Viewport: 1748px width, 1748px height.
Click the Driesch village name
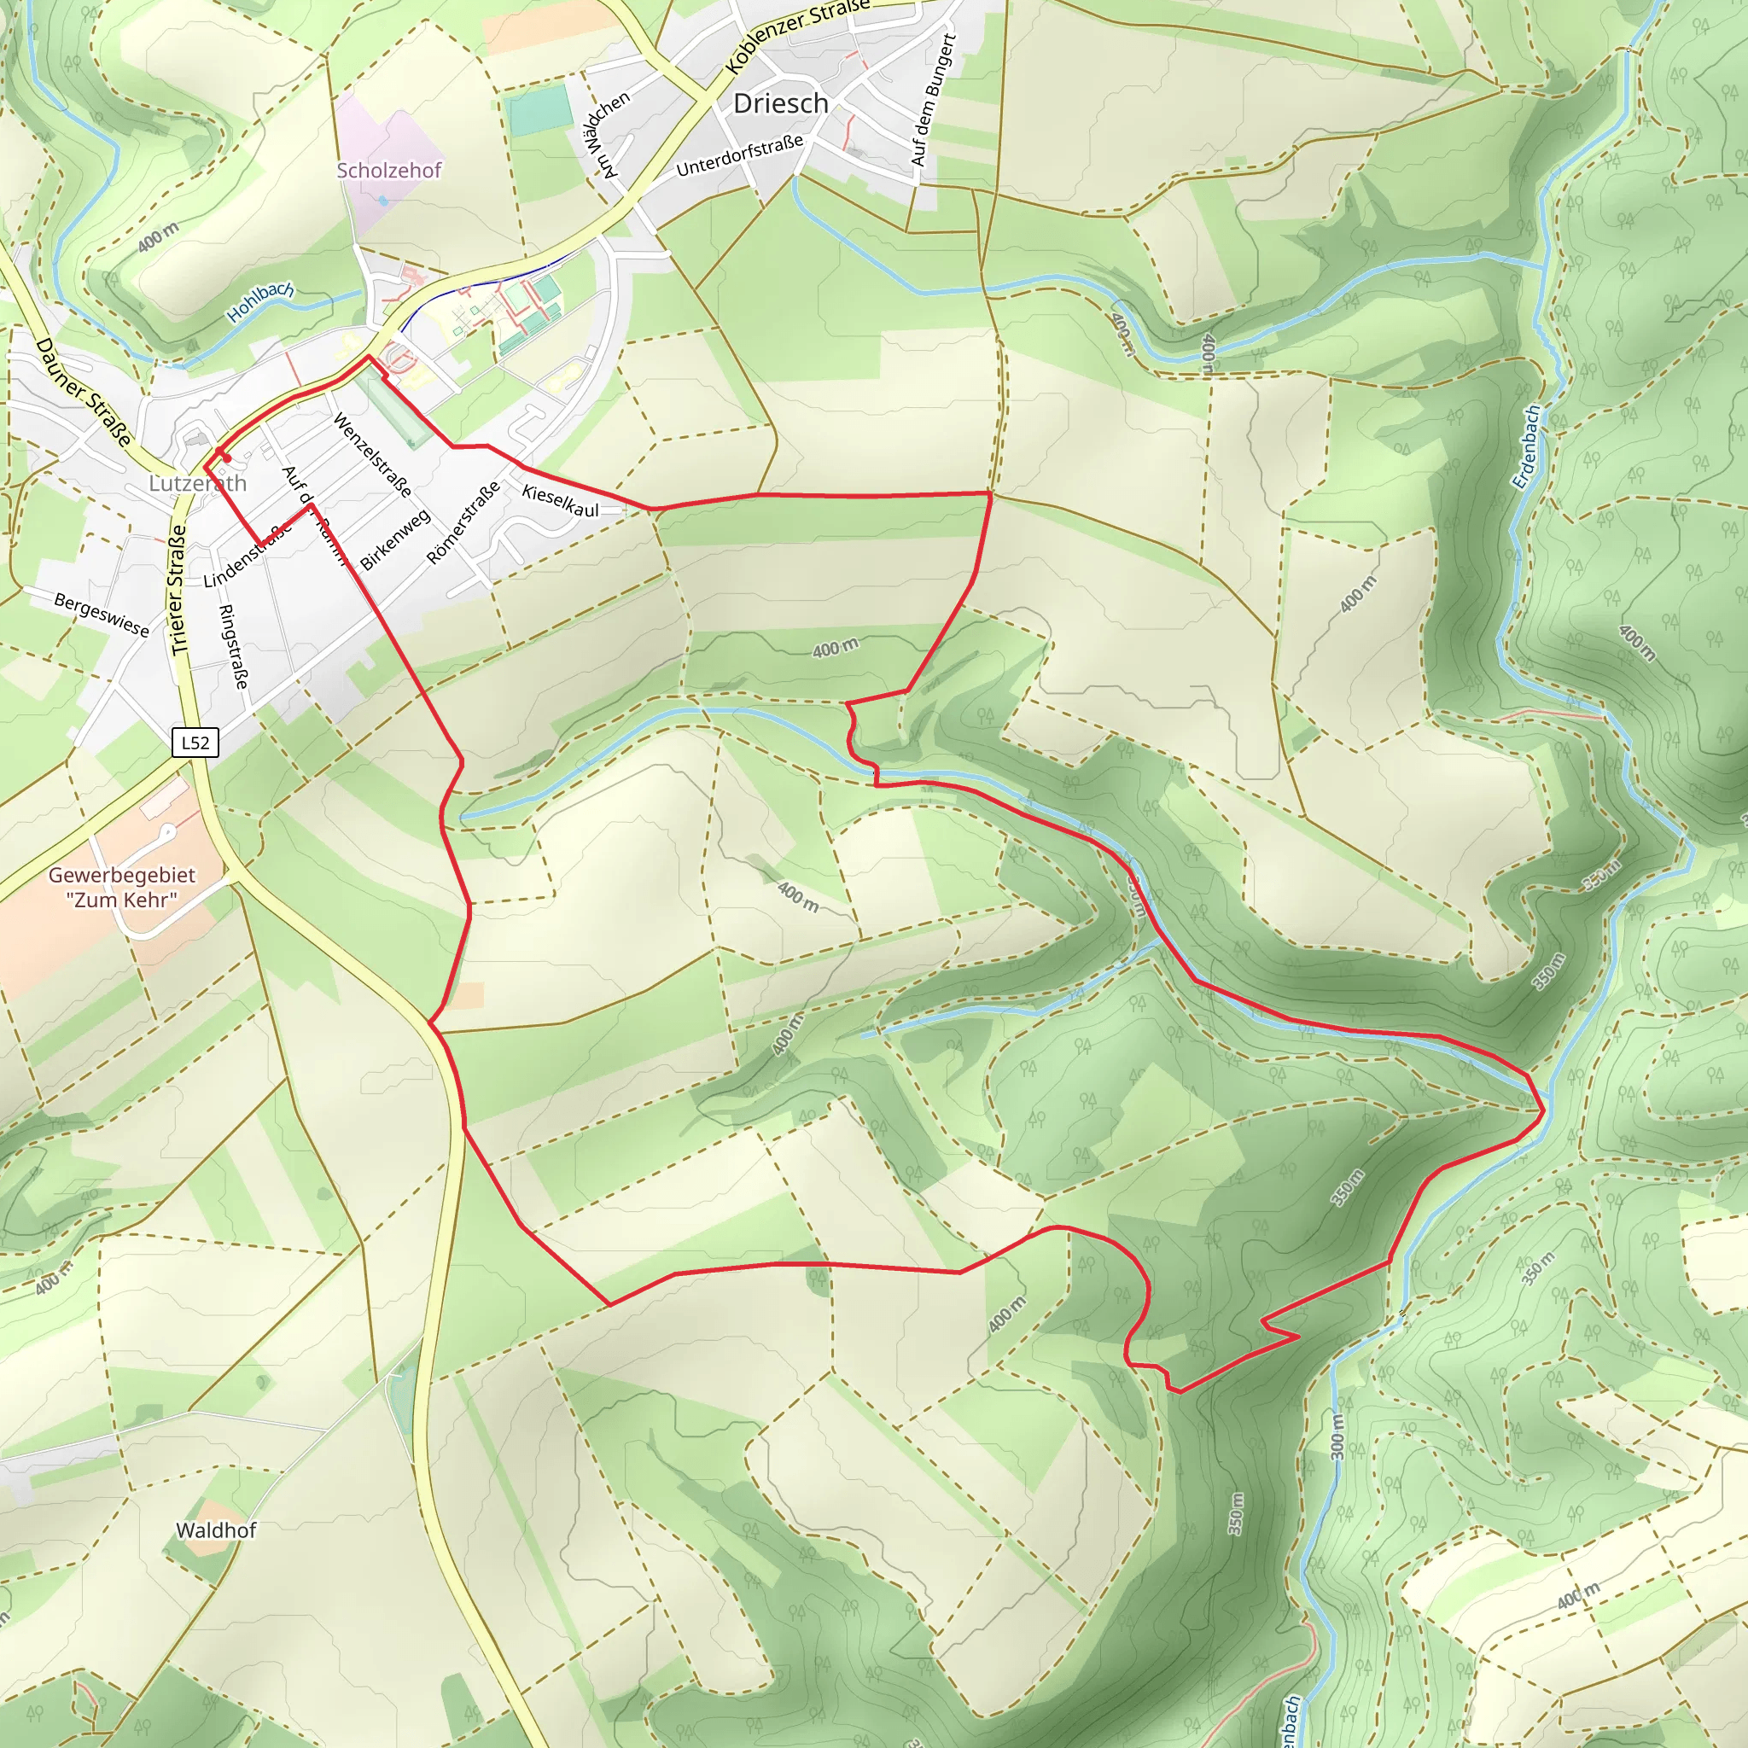click(x=780, y=104)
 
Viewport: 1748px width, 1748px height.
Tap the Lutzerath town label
click(x=197, y=483)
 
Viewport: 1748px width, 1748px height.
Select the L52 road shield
click(x=195, y=743)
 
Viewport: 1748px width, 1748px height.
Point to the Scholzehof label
click(x=389, y=170)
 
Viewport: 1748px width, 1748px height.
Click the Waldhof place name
click(x=216, y=1530)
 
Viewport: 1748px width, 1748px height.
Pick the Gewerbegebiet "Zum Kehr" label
click(x=121, y=887)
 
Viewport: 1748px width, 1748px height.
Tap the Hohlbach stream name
click(x=259, y=301)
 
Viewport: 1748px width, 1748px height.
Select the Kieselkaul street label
click(x=560, y=501)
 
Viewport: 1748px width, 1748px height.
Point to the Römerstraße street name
click(x=463, y=523)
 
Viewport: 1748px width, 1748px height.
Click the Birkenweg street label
click(x=394, y=540)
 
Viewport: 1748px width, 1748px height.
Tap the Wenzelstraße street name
click(x=373, y=455)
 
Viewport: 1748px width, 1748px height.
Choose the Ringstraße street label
click(x=233, y=646)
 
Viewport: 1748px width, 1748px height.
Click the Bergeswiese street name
click(x=102, y=615)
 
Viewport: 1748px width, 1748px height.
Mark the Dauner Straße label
click(x=84, y=392)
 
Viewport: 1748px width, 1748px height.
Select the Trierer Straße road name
click(x=178, y=589)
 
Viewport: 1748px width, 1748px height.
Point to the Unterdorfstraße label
click(x=739, y=155)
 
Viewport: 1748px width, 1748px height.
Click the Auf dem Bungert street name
click(x=933, y=101)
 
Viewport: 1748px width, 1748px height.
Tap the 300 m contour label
click(x=1338, y=1436)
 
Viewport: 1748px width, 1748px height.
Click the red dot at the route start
click(x=227, y=458)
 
